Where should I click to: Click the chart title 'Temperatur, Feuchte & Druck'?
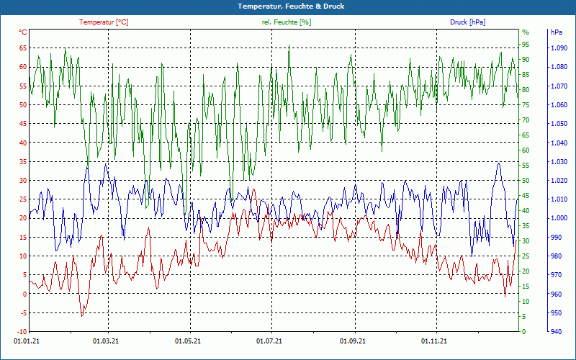click(288, 6)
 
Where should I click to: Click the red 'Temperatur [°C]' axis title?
click(104, 22)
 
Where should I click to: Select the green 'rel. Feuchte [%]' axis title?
click(287, 22)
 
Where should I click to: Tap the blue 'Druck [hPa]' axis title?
click(467, 22)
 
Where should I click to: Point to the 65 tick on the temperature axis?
click(22, 48)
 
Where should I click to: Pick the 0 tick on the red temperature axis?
click(24, 294)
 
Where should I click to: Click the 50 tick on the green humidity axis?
click(526, 181)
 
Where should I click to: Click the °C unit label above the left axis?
click(23, 32)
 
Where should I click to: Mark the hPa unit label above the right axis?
click(556, 32)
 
